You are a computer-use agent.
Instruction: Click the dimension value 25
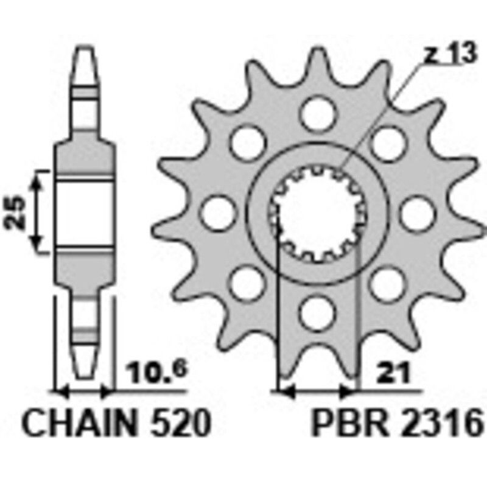pyautogui.click(x=16, y=212)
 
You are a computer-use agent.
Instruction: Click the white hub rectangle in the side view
pyautogui.click(x=85, y=212)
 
